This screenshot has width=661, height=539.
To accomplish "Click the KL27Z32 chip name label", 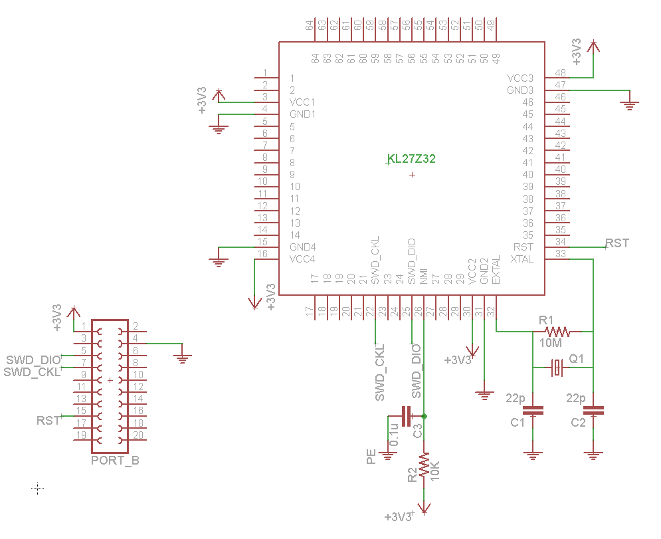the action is tap(411, 159).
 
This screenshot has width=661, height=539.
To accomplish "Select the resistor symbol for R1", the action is tap(557, 332).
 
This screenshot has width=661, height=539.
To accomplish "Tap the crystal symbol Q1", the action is tap(558, 368).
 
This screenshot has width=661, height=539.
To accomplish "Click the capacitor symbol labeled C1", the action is tap(533, 410).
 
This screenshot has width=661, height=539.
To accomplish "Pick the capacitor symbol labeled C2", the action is tap(593, 410).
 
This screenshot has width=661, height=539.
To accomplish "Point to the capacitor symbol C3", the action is tap(407, 416).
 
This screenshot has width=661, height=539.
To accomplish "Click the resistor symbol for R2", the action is tap(424, 466).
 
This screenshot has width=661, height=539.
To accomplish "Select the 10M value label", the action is tap(551, 343).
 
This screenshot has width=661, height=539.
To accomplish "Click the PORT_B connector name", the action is tap(115, 460).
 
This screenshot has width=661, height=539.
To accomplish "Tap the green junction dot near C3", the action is tap(424, 416).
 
